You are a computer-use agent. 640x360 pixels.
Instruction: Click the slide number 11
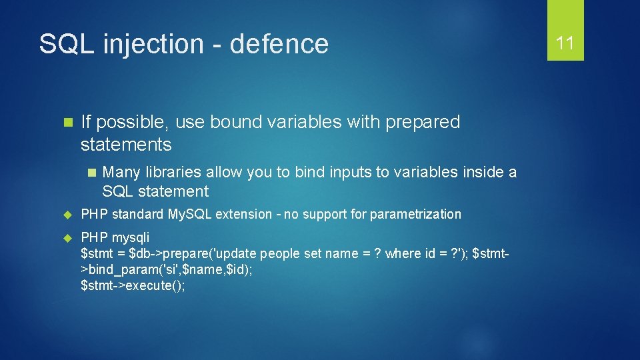[x=565, y=43]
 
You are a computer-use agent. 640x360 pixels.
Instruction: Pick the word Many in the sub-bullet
[x=122, y=172]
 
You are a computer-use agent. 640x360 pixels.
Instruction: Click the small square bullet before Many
[x=91, y=172]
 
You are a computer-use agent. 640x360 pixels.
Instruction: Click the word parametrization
[x=415, y=214]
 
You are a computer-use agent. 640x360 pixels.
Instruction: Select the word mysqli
[x=131, y=237]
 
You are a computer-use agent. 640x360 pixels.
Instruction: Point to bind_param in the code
[x=117, y=269]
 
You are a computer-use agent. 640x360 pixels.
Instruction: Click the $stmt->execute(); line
[x=133, y=285]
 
